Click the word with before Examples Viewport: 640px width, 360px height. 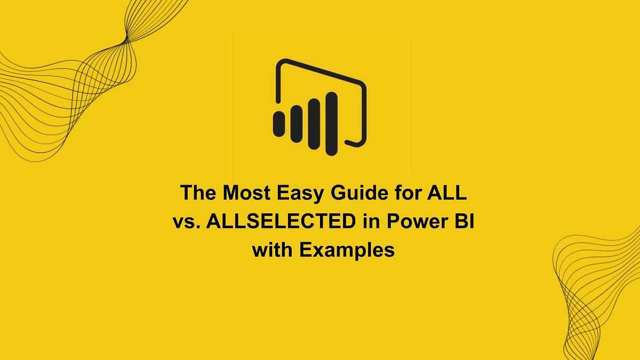pyautogui.click(x=272, y=250)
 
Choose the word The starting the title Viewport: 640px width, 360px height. pyautogui.click(x=198, y=192)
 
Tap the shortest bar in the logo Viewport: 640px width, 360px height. pyautogui.click(x=278, y=124)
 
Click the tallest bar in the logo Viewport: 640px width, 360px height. pyautogui.click(x=331, y=123)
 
